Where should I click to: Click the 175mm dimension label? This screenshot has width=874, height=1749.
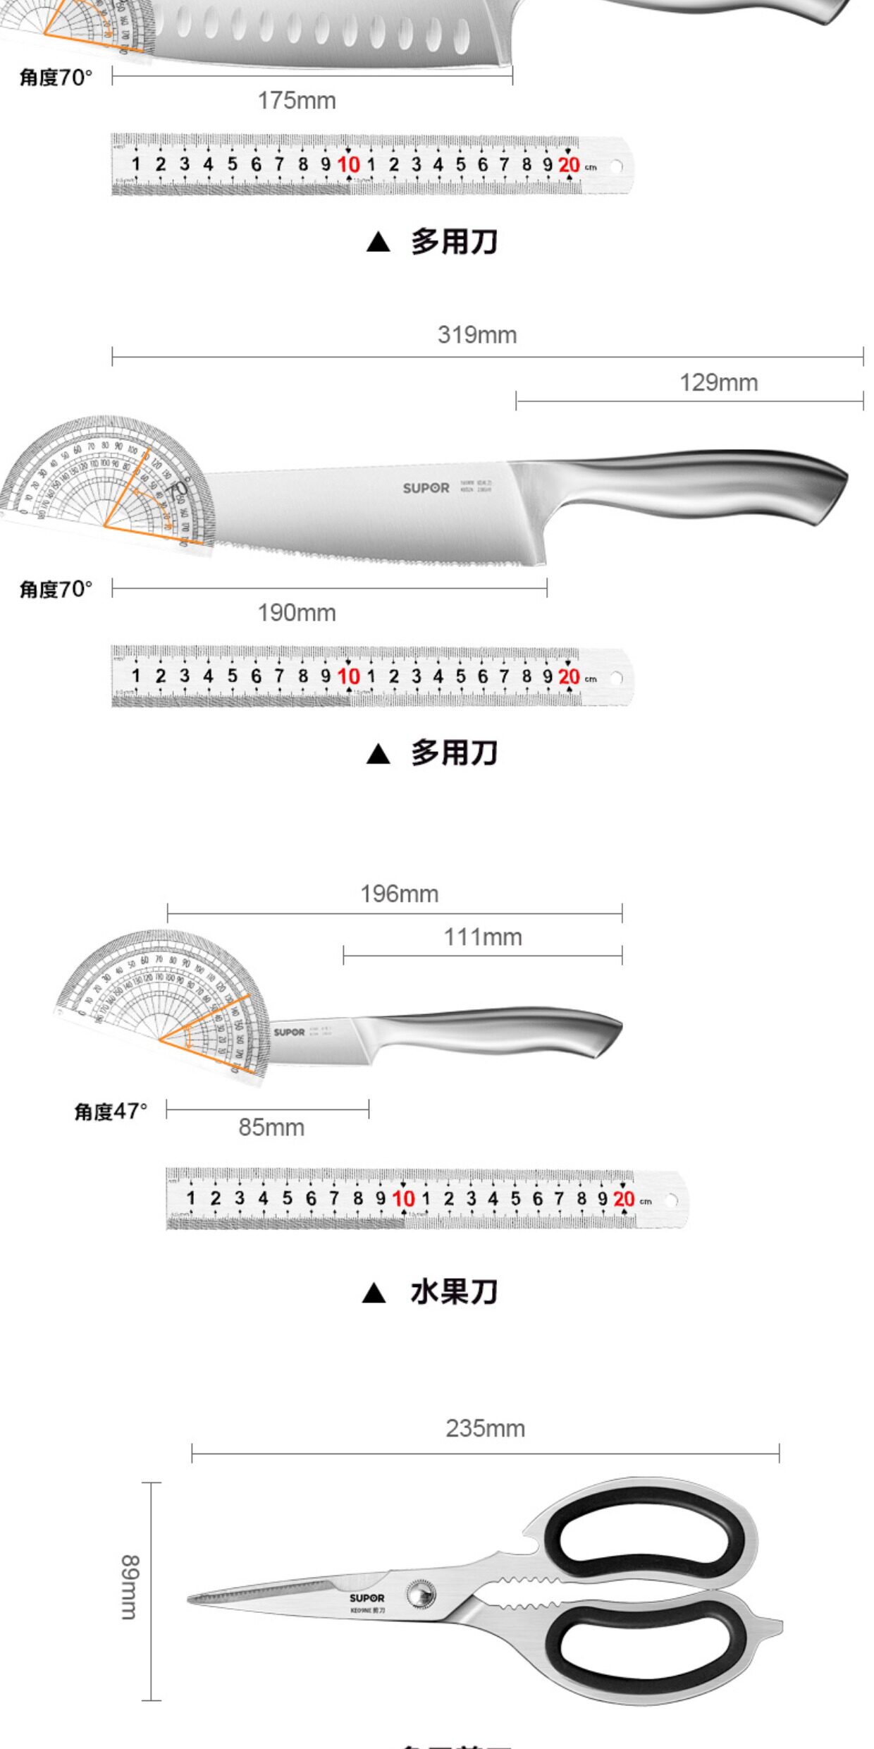tap(297, 101)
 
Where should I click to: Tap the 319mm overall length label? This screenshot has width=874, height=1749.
tap(477, 335)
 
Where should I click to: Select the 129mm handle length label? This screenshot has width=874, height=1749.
tap(718, 383)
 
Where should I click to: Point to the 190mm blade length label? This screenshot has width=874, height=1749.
tap(297, 613)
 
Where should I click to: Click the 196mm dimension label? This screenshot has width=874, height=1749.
tap(399, 894)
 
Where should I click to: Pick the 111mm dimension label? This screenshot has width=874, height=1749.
tap(483, 937)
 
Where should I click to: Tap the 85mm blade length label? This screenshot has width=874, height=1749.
tap(271, 1128)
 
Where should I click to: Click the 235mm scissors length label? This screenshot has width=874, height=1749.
tap(485, 1429)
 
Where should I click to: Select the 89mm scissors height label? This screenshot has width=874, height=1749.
tap(130, 1586)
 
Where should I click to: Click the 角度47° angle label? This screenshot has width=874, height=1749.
tap(111, 1111)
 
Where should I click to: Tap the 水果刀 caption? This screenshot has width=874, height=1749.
tap(454, 1292)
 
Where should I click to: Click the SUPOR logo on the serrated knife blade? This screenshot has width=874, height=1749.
tap(426, 488)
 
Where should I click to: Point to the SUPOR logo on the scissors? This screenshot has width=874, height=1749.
tap(367, 1598)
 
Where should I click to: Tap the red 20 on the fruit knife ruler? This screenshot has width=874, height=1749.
tap(624, 1198)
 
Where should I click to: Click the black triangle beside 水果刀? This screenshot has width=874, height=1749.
tap(374, 1293)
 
